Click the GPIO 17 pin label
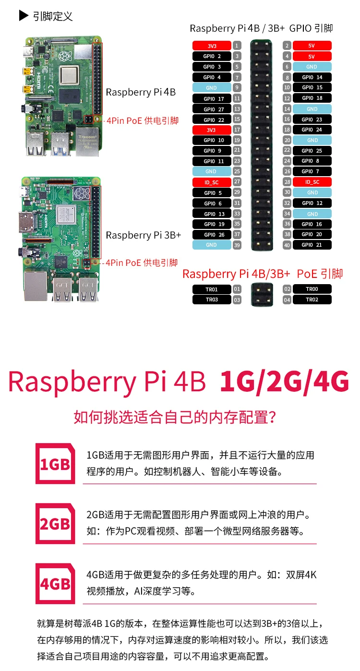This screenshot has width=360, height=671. tap(212, 99)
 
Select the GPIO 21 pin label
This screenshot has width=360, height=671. tap(312, 245)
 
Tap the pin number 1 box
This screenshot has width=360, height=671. tap(237, 46)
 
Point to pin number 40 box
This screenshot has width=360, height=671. tap(287, 245)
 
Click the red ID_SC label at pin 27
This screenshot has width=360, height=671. tap(212, 182)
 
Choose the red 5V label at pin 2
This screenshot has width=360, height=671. tap(312, 46)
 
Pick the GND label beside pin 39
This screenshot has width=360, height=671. tap(212, 245)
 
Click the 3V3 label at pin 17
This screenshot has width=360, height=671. tap(212, 130)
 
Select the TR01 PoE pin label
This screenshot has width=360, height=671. tap(212, 289)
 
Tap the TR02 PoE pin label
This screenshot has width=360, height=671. tap(312, 300)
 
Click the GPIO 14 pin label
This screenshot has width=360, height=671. tap(312, 77)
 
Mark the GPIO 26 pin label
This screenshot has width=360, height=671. tap(212, 235)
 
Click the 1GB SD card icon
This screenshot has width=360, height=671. tap(55, 464)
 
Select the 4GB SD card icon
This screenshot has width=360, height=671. tap(55, 584)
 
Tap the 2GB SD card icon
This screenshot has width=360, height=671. tap(55, 524)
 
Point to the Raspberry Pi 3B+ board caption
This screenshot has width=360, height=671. tap(144, 235)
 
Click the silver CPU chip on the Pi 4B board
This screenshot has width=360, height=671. tap(70, 75)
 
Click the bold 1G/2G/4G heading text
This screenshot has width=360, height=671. tap(284, 383)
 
